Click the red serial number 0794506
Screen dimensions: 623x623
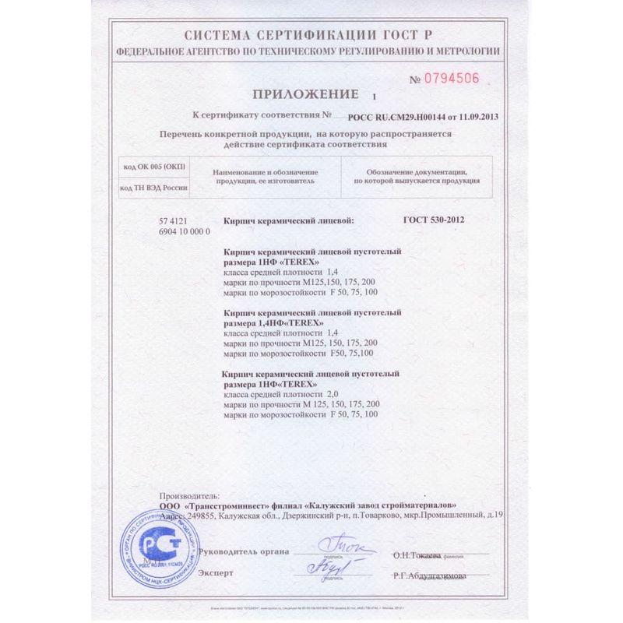click(453, 79)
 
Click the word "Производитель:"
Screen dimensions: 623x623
click(189, 495)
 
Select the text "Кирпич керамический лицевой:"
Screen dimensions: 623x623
click(288, 220)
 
